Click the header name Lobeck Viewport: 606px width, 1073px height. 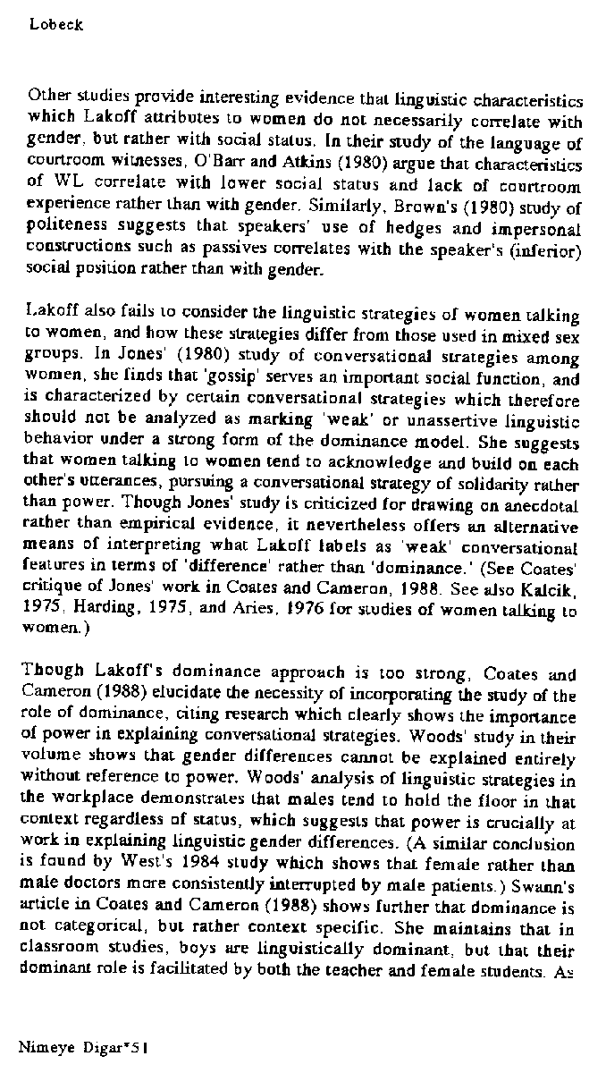(56, 25)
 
